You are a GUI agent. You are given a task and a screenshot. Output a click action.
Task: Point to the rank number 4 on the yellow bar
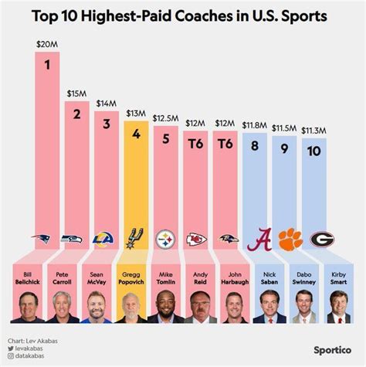(x=135, y=134)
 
